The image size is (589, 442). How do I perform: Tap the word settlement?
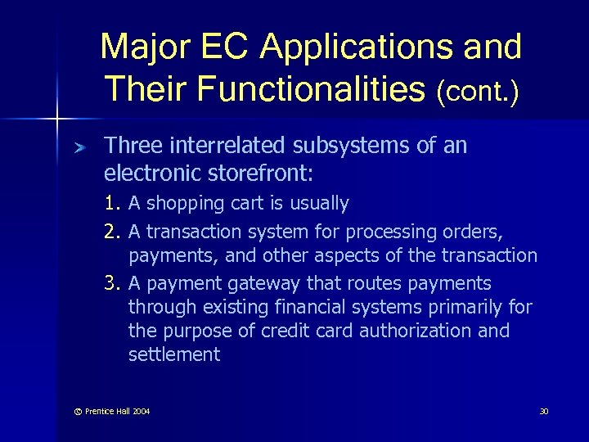174,354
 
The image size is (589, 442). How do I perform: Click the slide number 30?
543,411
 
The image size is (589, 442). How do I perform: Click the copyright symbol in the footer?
79,411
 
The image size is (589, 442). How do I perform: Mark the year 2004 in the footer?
139,411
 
